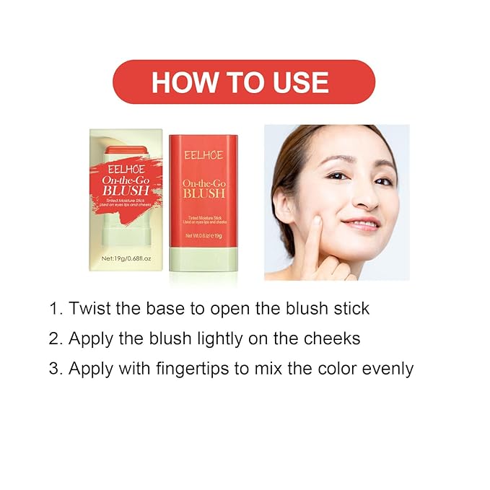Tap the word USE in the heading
pyautogui.click(x=296, y=82)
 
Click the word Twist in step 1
pyautogui.click(x=88, y=309)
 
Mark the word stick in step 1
pyautogui.click(x=349, y=309)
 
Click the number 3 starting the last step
pyautogui.click(x=54, y=369)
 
